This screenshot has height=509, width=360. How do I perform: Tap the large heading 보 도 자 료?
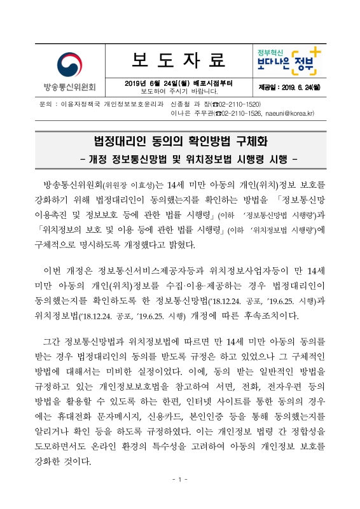pos(179,60)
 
